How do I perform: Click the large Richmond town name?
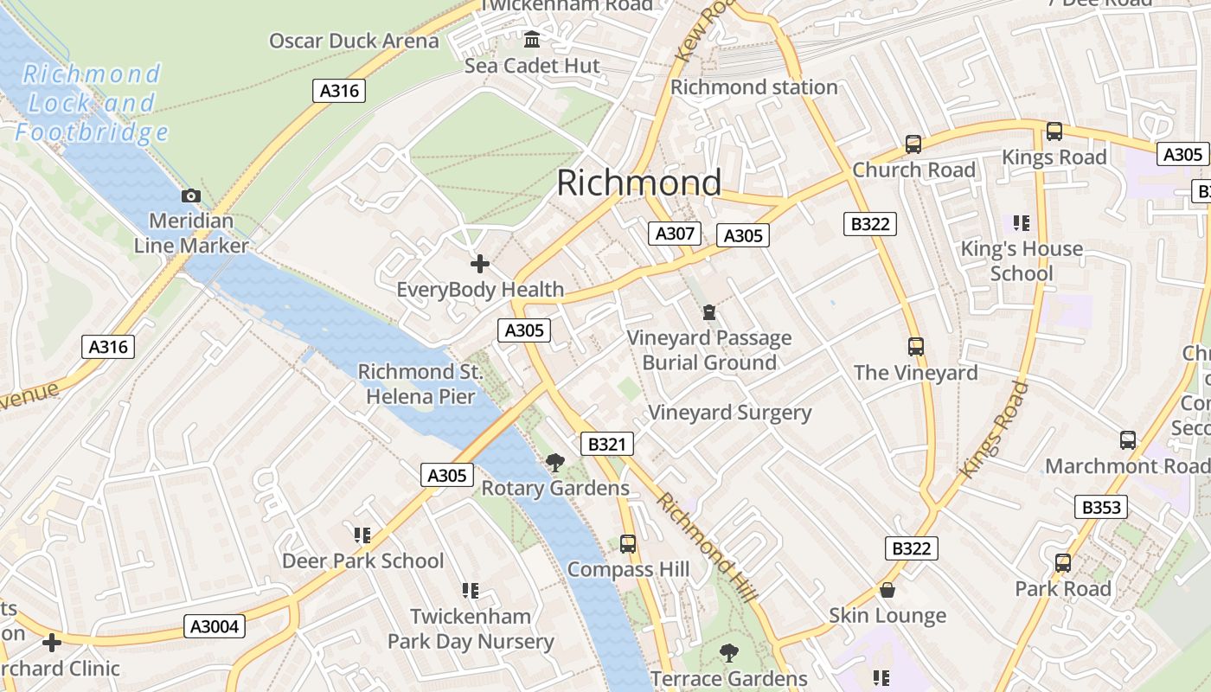coord(638,183)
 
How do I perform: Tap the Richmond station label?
coord(754,87)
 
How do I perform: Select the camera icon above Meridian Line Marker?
coord(191,196)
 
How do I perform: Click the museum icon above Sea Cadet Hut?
coord(532,40)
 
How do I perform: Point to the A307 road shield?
coord(675,233)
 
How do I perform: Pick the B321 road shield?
coord(606,445)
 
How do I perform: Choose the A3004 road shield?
coord(215,626)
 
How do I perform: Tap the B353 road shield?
coord(1101,507)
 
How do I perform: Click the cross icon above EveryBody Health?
coord(479,264)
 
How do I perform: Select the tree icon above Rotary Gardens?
coord(555,463)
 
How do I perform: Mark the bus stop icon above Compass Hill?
coord(628,544)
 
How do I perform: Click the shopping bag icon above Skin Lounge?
coord(887,591)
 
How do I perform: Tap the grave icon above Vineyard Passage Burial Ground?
coord(709,312)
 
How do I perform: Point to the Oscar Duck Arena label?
coord(354,41)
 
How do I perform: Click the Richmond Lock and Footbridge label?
coord(91,103)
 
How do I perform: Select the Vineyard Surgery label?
coord(730,413)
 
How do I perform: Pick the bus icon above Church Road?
coord(913,144)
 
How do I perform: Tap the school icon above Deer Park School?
coord(362,535)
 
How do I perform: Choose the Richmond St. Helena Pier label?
coord(420,384)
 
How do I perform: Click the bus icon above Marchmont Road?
coord(1128,440)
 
